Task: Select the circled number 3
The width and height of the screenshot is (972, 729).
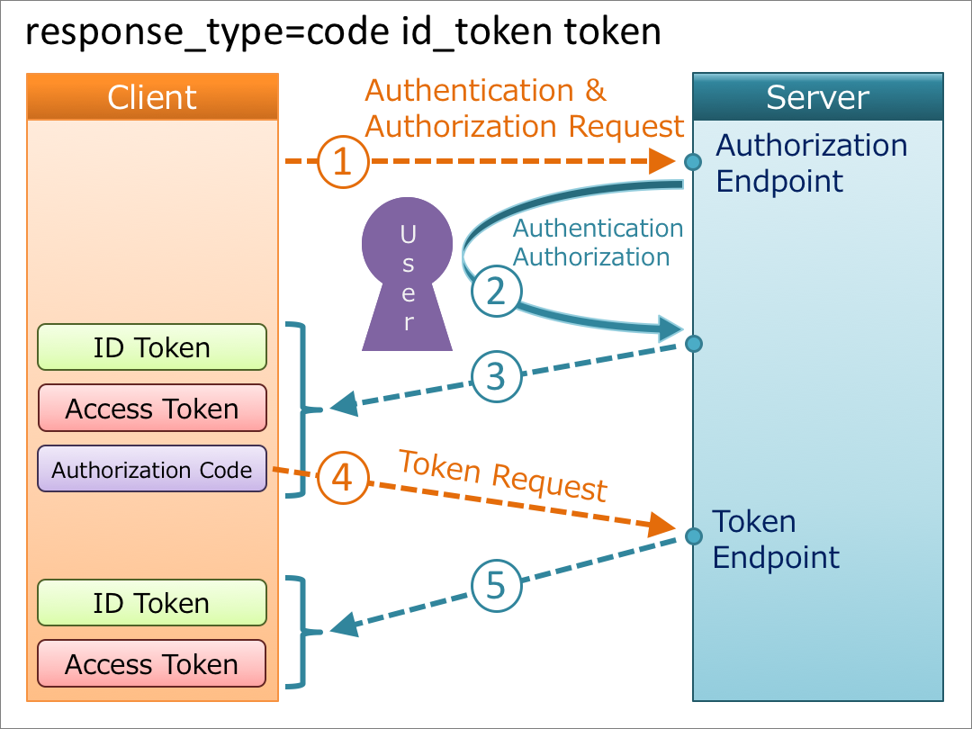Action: coord(496,376)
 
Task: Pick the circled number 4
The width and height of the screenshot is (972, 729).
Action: coord(342,477)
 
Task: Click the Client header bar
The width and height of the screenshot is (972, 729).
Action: coord(152,96)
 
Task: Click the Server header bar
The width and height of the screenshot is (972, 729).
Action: coord(817,96)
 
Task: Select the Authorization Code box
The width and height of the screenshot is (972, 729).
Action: coord(152,469)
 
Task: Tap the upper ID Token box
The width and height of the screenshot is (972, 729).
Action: coord(152,347)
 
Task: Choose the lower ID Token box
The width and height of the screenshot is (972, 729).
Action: coord(152,603)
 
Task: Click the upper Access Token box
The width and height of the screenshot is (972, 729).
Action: coord(152,409)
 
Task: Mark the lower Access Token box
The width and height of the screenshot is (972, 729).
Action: coord(152,664)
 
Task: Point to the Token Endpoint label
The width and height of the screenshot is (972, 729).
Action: coord(775,538)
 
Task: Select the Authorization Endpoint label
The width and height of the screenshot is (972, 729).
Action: coord(810,163)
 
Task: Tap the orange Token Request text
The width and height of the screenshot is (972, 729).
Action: coord(503,475)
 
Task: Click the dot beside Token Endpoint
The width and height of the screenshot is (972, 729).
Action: coord(693,536)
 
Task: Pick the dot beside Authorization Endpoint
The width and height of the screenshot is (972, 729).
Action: coord(692,162)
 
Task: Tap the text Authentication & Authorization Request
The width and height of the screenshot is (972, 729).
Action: coord(523,108)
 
